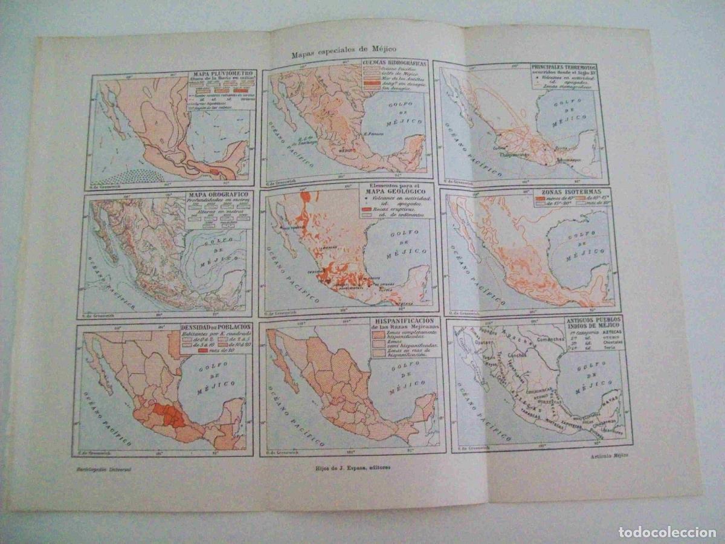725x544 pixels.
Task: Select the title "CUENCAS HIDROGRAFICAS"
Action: pyautogui.click(x=394, y=63)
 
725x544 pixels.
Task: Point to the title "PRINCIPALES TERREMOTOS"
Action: pyautogui.click(x=564, y=67)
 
